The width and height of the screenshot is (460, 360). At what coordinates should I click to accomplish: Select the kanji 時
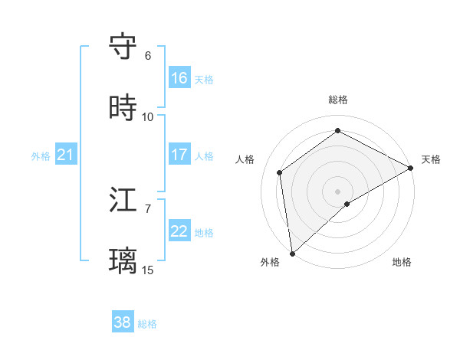123,107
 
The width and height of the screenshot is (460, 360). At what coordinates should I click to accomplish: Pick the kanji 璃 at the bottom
123,261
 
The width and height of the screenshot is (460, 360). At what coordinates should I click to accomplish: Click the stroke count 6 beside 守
148,56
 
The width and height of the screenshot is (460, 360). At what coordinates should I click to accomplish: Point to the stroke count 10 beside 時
148,117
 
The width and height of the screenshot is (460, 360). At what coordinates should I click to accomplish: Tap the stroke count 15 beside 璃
148,270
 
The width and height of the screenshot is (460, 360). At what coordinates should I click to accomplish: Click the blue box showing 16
179,77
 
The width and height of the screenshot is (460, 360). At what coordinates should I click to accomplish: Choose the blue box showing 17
179,154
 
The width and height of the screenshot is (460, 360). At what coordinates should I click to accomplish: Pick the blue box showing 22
179,231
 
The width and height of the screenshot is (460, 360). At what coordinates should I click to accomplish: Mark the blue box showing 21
66,155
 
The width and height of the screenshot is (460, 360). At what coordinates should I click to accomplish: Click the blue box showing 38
123,322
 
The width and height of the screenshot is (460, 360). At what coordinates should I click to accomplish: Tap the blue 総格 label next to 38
147,324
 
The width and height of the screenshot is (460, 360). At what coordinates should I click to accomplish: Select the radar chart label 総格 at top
338,100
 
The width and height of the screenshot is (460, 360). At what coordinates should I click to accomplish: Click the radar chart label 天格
431,159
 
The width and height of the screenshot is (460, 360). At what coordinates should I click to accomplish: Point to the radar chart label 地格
402,262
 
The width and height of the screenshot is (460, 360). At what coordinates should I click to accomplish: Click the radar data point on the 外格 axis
292,253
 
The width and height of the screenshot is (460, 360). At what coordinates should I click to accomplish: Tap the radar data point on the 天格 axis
410,168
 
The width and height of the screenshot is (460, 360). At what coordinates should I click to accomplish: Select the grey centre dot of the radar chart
338,190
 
